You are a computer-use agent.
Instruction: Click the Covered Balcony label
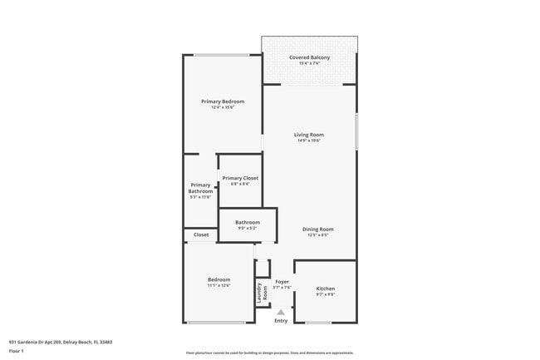click(x=308, y=57)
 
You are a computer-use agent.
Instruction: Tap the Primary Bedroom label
click(x=223, y=101)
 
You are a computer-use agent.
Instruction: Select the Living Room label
click(x=309, y=135)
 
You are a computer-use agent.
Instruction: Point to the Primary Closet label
click(x=240, y=178)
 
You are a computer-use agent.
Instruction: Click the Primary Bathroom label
click(x=201, y=188)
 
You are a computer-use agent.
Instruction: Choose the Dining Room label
click(x=317, y=229)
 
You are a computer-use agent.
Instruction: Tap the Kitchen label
click(x=326, y=288)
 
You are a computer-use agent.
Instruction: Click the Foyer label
click(x=282, y=282)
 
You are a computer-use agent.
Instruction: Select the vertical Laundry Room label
click(x=262, y=292)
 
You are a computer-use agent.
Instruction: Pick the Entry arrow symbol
click(x=281, y=312)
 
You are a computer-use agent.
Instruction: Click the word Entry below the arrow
click(x=281, y=321)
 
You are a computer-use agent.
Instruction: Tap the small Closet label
click(x=201, y=235)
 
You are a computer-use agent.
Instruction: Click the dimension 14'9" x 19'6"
click(x=309, y=141)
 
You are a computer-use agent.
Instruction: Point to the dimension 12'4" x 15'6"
click(x=223, y=107)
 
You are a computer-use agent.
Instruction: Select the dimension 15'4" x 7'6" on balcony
click(x=308, y=63)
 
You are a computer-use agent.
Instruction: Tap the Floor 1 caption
click(x=17, y=351)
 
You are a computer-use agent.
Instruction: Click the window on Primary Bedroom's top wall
click(x=221, y=55)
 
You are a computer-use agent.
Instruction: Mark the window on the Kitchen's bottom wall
click(x=318, y=323)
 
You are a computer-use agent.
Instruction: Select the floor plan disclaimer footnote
click(x=269, y=353)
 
